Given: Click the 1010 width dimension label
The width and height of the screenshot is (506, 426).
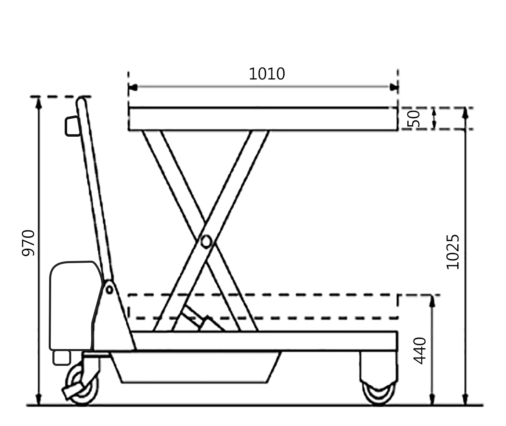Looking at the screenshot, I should click(267, 74).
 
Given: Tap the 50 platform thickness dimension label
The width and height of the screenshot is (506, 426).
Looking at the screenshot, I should click(414, 119).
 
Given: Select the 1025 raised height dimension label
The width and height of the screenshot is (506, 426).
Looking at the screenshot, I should click(453, 251).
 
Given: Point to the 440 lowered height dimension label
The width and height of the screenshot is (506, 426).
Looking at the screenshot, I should click(420, 350).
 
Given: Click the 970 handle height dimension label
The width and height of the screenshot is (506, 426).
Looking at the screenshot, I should click(28, 243).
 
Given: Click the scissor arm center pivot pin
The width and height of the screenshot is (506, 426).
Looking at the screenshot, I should click(206, 241).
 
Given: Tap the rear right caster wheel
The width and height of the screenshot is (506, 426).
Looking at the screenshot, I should click(379, 393).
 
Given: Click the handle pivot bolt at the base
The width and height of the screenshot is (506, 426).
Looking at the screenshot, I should click(109, 290).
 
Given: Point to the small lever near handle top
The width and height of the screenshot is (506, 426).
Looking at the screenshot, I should click(72, 126).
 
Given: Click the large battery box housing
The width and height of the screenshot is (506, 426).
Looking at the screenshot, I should click(73, 305).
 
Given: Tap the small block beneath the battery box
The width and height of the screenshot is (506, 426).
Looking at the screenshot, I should click(61, 357).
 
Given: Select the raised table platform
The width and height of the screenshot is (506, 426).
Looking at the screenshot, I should click(263, 119).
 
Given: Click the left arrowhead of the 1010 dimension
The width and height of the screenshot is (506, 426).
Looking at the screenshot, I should click(132, 87).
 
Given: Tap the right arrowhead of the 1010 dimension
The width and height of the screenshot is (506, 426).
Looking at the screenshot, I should click(394, 87).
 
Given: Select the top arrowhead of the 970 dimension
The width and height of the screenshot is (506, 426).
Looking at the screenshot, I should click(38, 103).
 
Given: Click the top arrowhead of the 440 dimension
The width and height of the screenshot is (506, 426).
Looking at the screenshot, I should click(431, 300).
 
